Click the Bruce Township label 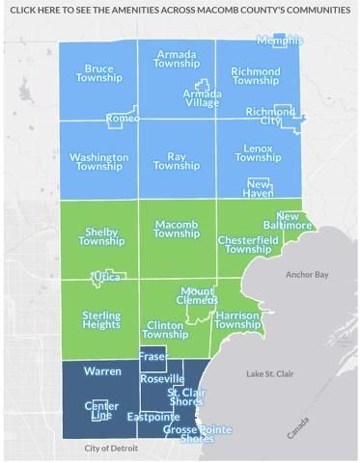[x=98, y=73]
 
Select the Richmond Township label [x=255, y=76]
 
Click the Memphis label [x=281, y=41]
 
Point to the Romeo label [x=123, y=118]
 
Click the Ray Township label [x=176, y=161]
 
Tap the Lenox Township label [x=258, y=152]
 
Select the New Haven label [x=259, y=188]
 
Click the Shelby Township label [x=101, y=236]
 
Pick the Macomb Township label [x=176, y=229]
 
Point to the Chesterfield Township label [x=248, y=244]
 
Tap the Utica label [x=105, y=277]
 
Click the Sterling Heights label [x=101, y=320]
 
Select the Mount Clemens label [x=198, y=295]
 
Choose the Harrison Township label [x=237, y=320]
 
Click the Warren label [x=102, y=370]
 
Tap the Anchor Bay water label [x=307, y=275]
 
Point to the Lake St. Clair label [x=269, y=373]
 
